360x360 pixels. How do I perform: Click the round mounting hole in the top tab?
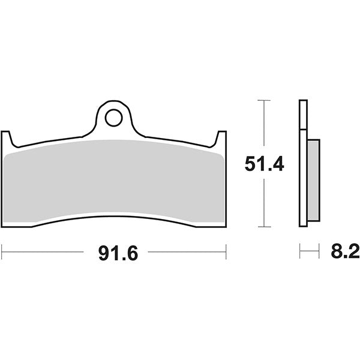tap(113, 118)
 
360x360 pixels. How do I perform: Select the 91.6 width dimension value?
tap(118, 253)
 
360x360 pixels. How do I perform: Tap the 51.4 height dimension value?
tap(264, 164)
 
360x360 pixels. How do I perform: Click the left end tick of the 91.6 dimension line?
tap(2, 252)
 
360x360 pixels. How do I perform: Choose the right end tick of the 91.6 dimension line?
tap(226, 252)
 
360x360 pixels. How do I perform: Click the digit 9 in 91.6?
tap(104, 253)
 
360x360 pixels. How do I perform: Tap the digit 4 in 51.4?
tap(277, 164)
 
